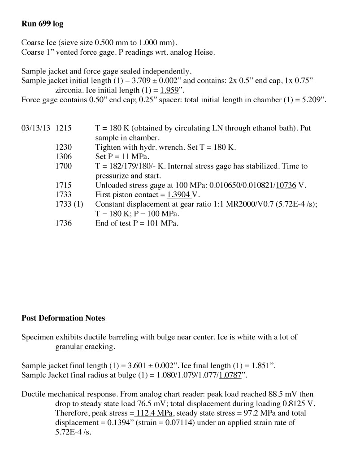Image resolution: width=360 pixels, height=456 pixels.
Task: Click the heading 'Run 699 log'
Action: pyautogui.click(x=43, y=23)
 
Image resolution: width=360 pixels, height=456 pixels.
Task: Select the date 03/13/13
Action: pyautogui.click(x=36, y=128)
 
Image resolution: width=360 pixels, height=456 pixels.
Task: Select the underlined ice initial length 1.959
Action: pyautogui.click(x=169, y=90)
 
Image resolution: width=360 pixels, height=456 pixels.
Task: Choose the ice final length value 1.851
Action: pyautogui.click(x=257, y=366)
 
